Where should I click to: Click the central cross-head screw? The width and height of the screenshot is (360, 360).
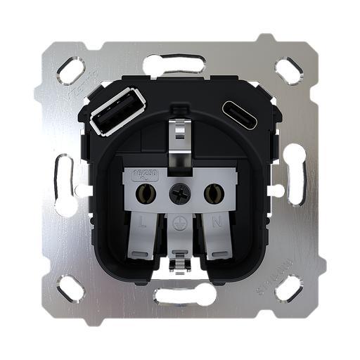179,191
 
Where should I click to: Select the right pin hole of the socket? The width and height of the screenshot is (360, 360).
210,191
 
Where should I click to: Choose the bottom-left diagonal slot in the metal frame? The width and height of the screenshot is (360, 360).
70,288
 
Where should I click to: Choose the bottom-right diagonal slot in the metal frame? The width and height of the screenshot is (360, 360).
289,288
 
